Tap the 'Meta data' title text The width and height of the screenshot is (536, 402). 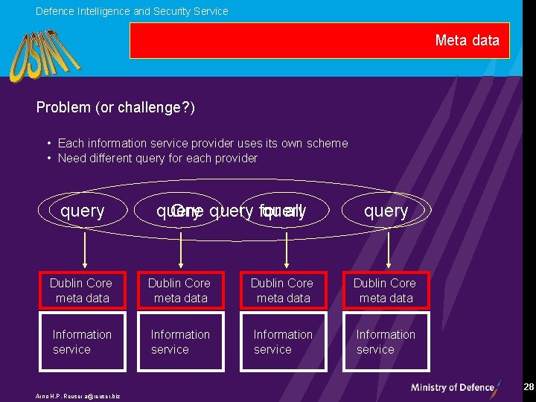(x=467, y=40)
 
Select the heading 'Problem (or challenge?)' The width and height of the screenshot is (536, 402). (x=115, y=108)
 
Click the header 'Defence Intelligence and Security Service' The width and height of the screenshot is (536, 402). (x=132, y=11)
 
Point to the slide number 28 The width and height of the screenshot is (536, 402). (x=529, y=387)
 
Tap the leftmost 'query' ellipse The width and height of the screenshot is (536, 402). (x=82, y=211)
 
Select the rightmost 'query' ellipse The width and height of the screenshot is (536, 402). (x=386, y=211)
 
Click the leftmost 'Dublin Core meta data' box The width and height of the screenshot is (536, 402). (x=80, y=290)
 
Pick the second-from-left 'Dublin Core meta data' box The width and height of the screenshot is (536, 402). (x=179, y=290)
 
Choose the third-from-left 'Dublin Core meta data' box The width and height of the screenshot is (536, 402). (x=282, y=290)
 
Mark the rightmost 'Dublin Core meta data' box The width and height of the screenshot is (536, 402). (x=385, y=290)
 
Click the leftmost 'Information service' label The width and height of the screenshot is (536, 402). (x=81, y=342)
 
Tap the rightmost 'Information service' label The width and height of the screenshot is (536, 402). (x=385, y=342)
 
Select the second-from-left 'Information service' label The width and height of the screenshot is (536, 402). (x=180, y=342)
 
